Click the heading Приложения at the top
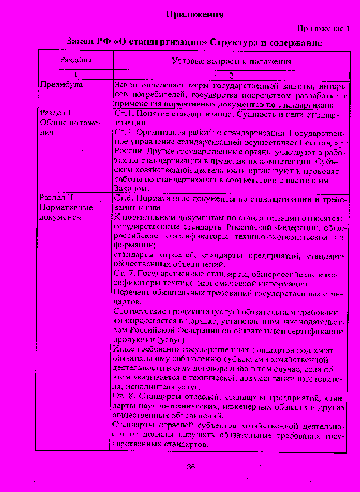195,15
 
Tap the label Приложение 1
323,28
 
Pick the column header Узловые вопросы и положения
232,61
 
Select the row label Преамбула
61,85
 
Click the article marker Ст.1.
123,114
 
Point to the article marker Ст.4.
123,134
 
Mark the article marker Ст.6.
123,199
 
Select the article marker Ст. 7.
124,274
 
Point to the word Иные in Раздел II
123,349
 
